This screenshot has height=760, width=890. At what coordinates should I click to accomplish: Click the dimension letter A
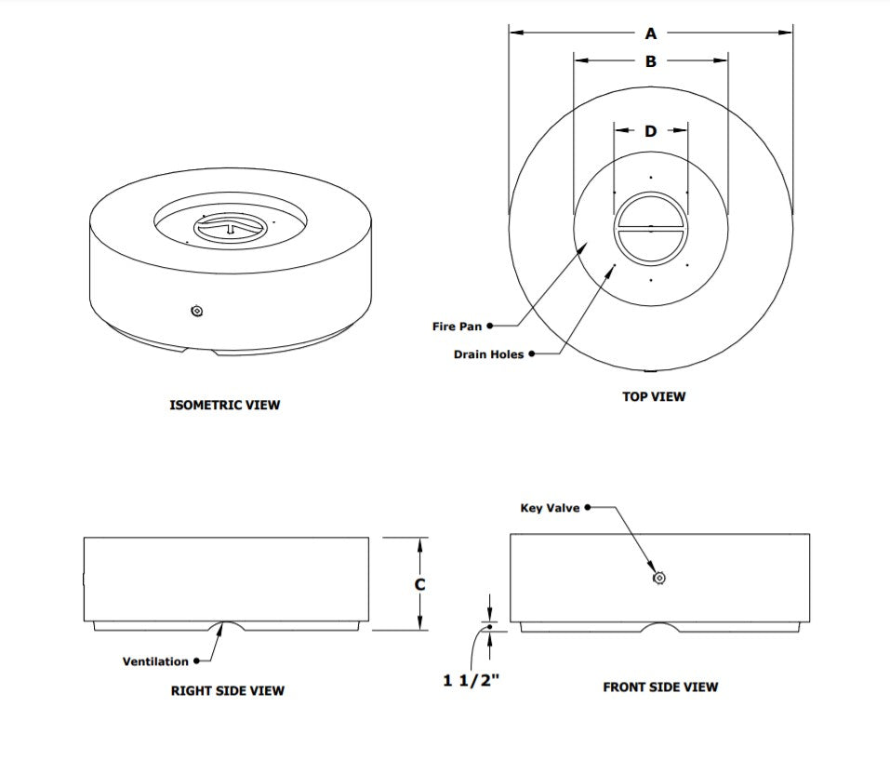coord(650,33)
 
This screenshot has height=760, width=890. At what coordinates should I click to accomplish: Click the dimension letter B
coord(650,60)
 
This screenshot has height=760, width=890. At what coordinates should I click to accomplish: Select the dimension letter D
coord(650,131)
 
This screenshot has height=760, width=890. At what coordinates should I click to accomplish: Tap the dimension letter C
coord(419,584)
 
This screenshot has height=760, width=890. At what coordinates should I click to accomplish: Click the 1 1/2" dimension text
coord(472,680)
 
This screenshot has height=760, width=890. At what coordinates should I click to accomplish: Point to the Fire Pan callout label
coord(457,327)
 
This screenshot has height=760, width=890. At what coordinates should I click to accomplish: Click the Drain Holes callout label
coord(488,354)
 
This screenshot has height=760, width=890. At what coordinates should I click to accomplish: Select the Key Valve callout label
coord(550,508)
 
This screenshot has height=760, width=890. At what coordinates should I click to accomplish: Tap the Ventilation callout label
coord(155,661)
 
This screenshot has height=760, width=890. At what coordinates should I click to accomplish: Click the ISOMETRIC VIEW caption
coord(225,405)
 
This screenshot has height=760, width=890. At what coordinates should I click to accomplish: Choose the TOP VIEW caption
coord(654,396)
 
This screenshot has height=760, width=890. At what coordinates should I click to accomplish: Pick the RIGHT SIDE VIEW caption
coord(228,690)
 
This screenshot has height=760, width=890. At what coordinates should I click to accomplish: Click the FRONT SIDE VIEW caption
coord(660,687)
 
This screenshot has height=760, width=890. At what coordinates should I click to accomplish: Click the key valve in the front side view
coord(659,578)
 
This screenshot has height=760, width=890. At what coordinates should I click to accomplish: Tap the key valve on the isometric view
coord(197,311)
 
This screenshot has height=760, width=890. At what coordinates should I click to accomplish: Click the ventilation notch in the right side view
coord(226,626)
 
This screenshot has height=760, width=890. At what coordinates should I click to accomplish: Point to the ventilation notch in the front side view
coord(660,627)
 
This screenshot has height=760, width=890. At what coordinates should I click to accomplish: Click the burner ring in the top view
coord(650,229)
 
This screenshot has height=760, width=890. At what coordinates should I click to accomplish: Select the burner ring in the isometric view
coord(230,227)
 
